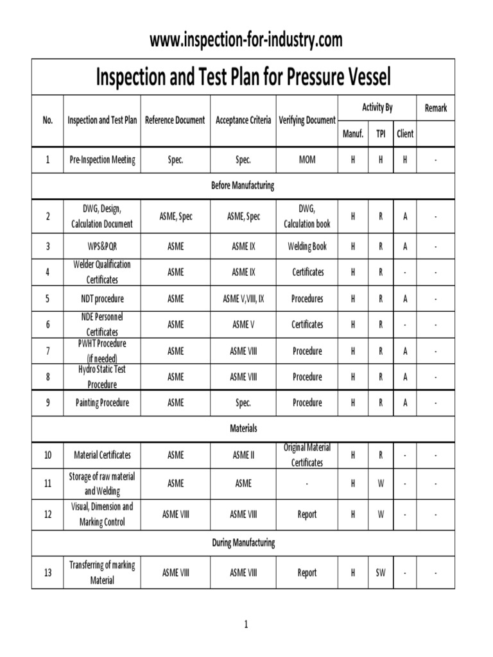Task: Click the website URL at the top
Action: pos(246,40)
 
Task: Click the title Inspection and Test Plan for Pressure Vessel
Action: pos(243,78)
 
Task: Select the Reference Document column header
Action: pos(175,120)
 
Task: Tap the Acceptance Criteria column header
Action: pos(243,120)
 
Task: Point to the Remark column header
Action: pos(435,108)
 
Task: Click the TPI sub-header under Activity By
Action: pos(381,134)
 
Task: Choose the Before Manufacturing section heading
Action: pos(243,185)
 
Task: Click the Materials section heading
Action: pos(243,428)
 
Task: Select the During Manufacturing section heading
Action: pos(243,543)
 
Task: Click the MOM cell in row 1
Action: pos(307,160)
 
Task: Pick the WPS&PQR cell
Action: pos(102,246)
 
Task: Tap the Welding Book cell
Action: pos(307,246)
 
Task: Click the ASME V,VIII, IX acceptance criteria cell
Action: pos(243,299)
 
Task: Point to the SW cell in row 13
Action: pos(381,573)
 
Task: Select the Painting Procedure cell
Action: pos(102,403)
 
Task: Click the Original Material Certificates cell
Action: pos(307,455)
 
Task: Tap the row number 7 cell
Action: pos(48,351)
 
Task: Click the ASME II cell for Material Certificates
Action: pos(243,455)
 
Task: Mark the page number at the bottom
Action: pos(246,624)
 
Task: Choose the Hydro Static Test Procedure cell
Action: pos(102,377)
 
